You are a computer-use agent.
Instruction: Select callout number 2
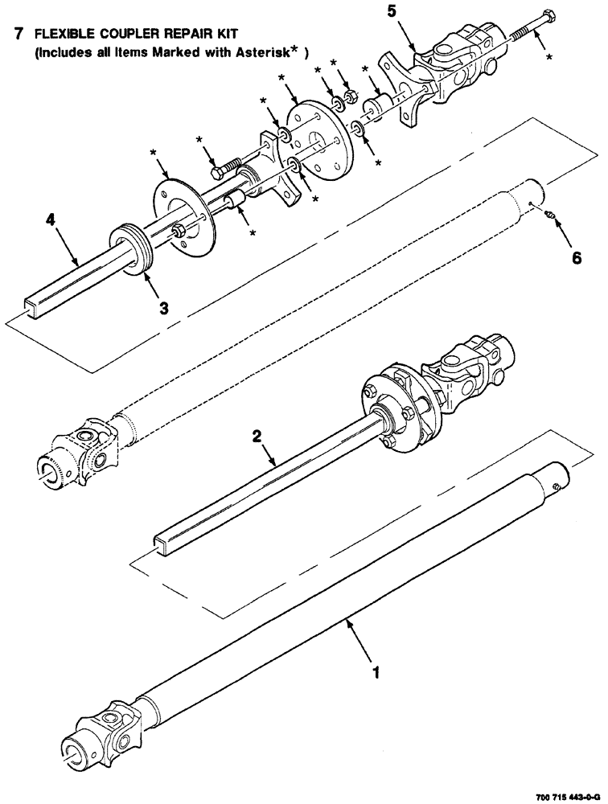[x=257, y=436]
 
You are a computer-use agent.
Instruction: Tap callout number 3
[x=163, y=308]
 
